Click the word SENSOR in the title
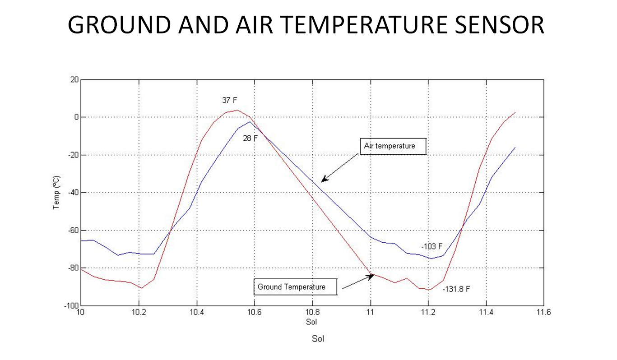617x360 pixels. (499, 25)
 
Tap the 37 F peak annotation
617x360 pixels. (229, 100)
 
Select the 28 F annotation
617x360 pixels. (250, 138)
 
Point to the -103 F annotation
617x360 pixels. (431, 246)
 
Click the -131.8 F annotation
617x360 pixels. (456, 289)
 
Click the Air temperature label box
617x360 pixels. (393, 146)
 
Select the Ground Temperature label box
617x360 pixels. (295, 287)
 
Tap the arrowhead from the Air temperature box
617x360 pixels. (324, 180)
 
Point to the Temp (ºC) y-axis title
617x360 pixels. (56, 192)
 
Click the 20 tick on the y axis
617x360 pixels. (74, 79)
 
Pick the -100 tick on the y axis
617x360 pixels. (71, 306)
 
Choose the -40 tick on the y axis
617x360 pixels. (73, 192)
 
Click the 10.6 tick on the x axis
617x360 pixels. (255, 312)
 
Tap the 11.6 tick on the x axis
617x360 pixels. (543, 312)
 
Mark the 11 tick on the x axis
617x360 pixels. (371, 312)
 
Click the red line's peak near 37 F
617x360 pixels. (237, 110)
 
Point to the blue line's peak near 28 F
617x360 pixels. (250, 122)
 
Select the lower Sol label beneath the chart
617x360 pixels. (318, 338)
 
